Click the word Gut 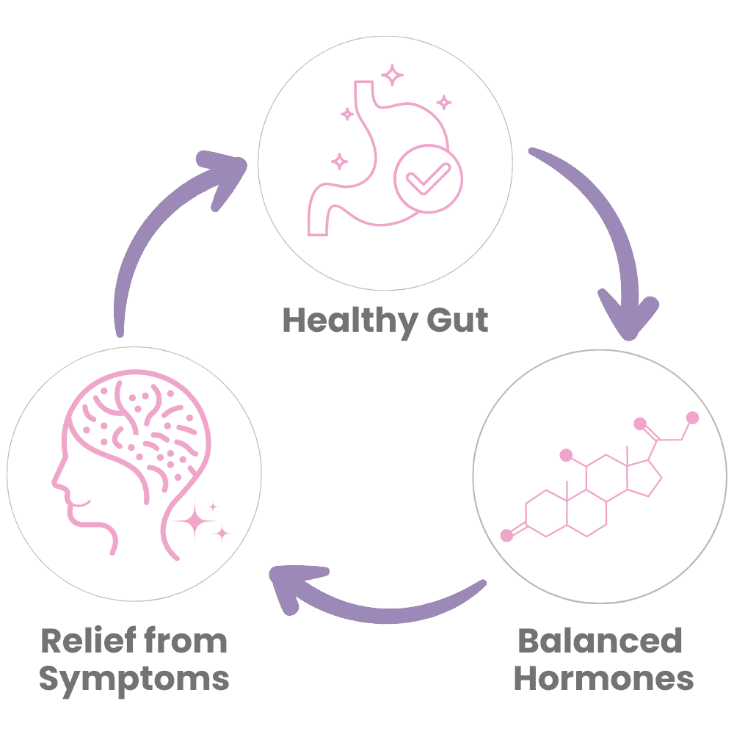coord(458,321)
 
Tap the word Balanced coord(600,641)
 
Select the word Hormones coord(603,678)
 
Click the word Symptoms coord(134,678)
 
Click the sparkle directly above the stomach coord(394,74)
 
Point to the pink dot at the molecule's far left coord(506,537)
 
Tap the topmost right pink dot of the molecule coord(691,418)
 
